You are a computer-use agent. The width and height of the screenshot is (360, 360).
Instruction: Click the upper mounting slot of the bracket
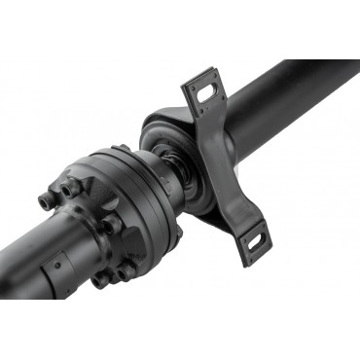[x=202, y=90]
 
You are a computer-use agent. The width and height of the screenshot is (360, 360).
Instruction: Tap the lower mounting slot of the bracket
[x=256, y=238]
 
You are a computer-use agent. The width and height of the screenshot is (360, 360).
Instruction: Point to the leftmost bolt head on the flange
[x=47, y=200]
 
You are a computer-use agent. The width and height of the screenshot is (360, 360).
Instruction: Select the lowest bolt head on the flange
[x=101, y=279]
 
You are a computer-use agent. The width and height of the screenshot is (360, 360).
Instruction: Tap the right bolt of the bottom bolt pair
[x=127, y=267]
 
